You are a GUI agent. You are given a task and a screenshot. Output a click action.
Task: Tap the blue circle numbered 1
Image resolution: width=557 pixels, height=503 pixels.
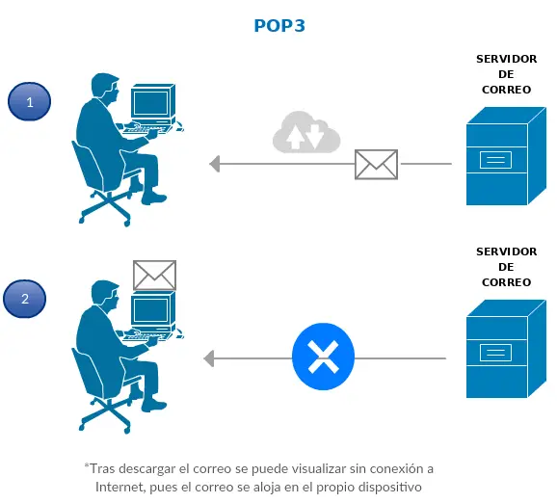(x=30, y=101)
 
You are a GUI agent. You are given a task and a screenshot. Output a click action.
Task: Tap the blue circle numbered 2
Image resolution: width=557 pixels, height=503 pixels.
(x=26, y=299)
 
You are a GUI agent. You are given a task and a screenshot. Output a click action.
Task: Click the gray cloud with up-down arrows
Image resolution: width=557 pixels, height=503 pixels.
(x=306, y=133)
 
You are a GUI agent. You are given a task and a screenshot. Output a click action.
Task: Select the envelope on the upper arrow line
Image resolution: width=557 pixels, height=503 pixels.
(x=376, y=165)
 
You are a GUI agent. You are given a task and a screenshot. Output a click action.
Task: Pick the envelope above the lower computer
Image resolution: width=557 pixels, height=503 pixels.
(x=154, y=275)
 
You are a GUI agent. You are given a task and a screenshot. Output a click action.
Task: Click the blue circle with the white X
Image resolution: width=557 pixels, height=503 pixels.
(x=323, y=358)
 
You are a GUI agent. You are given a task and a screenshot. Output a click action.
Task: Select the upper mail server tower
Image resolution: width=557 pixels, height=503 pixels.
(x=497, y=155)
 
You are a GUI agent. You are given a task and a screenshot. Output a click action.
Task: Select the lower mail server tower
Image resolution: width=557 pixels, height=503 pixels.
(x=497, y=352)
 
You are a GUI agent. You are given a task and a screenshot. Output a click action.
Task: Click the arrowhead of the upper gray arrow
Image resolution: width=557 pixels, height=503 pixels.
(x=216, y=165)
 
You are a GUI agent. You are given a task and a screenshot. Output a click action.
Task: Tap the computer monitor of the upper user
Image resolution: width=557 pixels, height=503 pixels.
(x=152, y=104)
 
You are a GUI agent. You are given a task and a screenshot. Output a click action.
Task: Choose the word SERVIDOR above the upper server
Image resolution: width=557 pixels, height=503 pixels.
(x=506, y=59)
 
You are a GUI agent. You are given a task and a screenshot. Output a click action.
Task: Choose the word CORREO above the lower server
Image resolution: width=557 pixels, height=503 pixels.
(x=506, y=282)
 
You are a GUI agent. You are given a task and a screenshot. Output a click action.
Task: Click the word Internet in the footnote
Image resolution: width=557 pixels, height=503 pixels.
(x=121, y=487)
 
